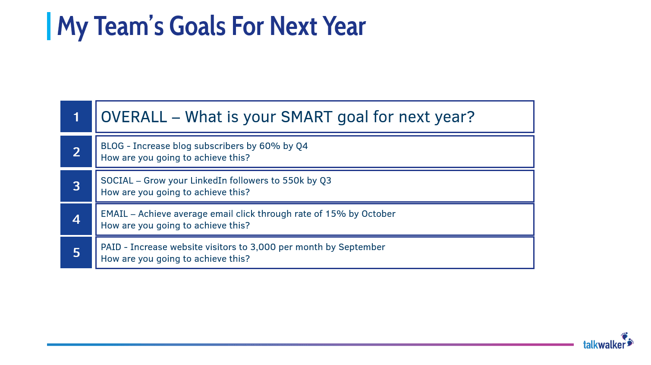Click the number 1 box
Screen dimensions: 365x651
[76, 117]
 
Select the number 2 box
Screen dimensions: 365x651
[76, 152]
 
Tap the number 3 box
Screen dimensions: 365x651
[76, 186]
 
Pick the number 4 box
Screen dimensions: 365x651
[76, 219]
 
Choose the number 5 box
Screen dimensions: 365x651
[76, 252]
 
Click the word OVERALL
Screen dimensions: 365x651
[134, 117]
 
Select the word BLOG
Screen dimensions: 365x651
[112, 146]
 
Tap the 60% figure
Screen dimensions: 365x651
[270, 146]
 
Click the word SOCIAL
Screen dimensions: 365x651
[117, 181]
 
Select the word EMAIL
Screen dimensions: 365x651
[114, 214]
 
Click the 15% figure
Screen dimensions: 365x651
[335, 214]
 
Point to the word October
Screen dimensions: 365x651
[378, 214]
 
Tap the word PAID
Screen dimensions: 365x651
[111, 247]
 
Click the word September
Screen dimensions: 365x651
[362, 247]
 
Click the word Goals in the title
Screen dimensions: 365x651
[197, 26]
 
